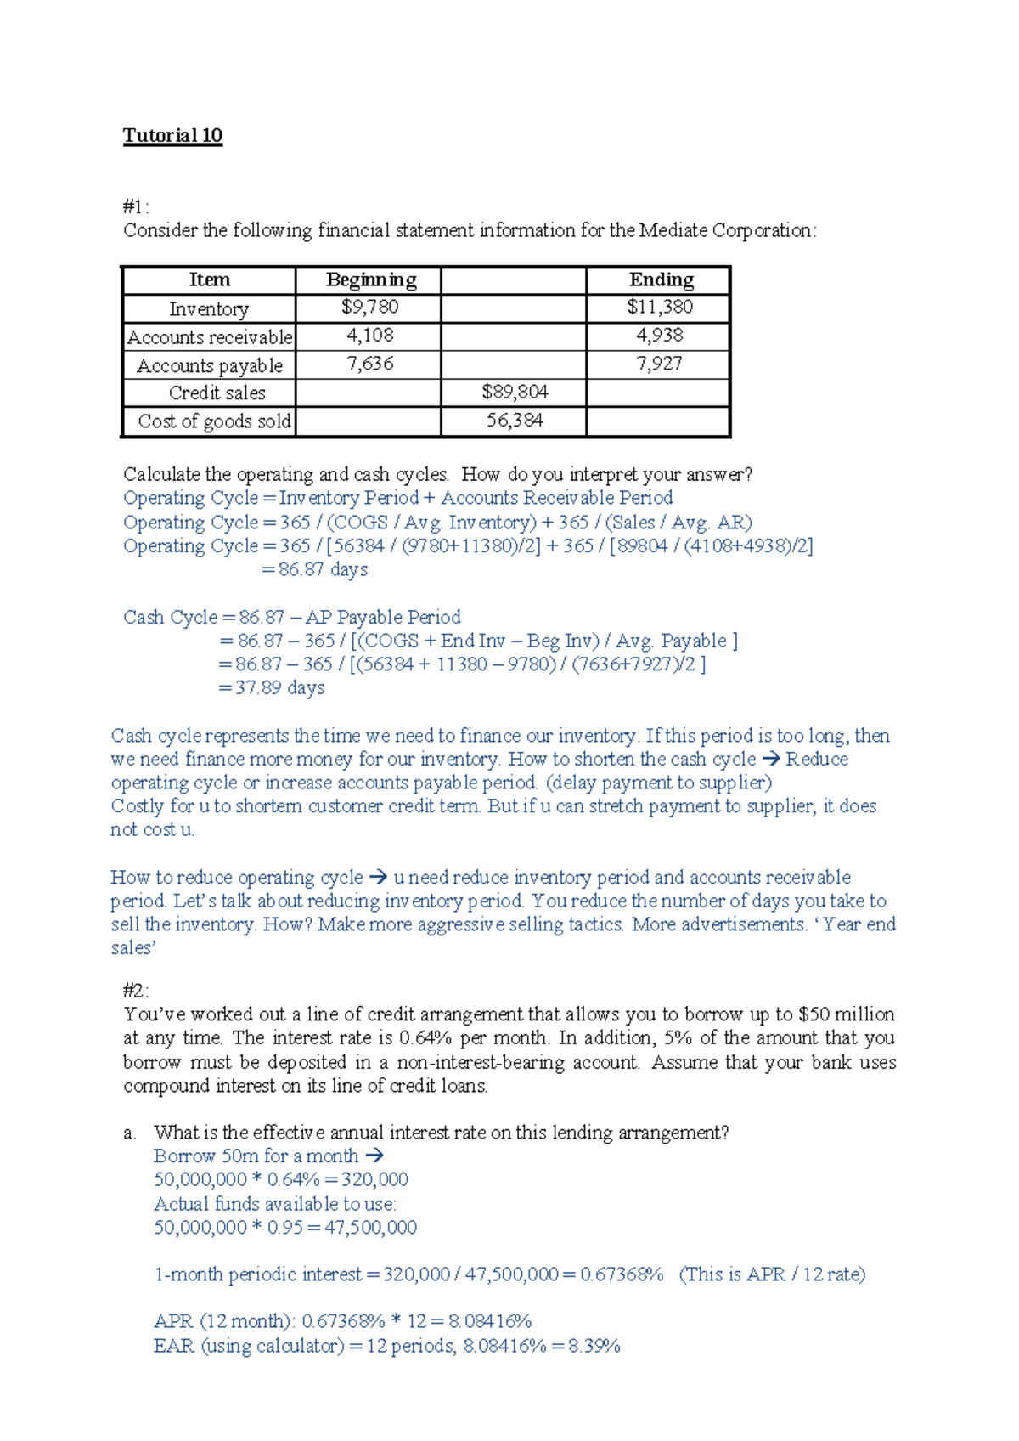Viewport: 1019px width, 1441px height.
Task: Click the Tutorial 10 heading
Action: click(172, 136)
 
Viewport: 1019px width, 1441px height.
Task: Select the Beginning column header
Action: click(371, 280)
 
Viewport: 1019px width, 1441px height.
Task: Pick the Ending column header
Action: click(661, 280)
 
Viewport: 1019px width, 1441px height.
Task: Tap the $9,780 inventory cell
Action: click(369, 307)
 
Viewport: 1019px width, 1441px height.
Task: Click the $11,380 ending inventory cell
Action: click(660, 307)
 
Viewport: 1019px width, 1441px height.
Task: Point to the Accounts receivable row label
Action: click(210, 337)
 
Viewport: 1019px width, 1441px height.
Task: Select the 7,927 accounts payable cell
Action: click(659, 364)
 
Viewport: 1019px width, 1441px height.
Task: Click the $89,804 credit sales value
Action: click(515, 392)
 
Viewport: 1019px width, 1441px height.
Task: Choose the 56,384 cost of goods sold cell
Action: click(515, 421)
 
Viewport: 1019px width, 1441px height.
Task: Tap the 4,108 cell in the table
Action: click(369, 336)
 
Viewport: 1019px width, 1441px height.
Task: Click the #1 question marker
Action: click(135, 206)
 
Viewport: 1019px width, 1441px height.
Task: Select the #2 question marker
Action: click(135, 991)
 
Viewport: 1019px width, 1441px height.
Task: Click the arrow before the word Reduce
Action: click(771, 759)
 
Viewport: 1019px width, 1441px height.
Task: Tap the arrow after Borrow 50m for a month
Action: click(374, 1156)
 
